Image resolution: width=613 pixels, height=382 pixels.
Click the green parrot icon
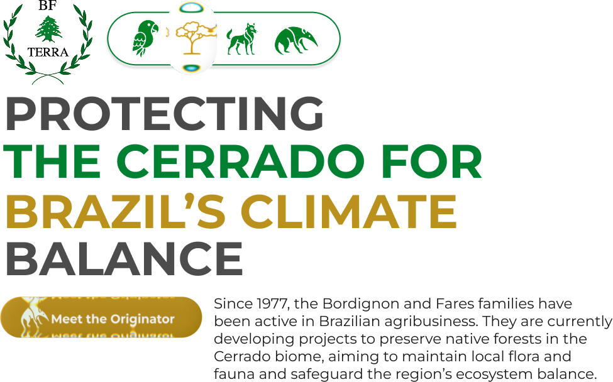point(145,38)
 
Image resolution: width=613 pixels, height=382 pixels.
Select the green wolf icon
point(241,39)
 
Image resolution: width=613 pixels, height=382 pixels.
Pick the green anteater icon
point(296,40)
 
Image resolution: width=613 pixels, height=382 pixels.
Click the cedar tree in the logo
point(48,28)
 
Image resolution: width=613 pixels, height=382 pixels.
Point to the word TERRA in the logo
point(48,52)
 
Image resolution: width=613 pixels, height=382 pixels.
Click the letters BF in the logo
point(48,6)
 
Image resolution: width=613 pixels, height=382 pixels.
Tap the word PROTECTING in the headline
point(165,114)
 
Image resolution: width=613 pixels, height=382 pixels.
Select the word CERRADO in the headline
point(240,161)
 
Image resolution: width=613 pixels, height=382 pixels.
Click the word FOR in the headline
point(432,161)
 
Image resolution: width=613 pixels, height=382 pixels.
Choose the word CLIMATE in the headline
point(349,211)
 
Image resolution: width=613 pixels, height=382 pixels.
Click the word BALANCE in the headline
point(124,259)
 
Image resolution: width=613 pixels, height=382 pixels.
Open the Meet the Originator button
point(101,317)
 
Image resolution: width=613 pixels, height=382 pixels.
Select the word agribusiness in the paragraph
point(431,322)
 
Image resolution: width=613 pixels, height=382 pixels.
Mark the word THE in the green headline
point(52,161)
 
